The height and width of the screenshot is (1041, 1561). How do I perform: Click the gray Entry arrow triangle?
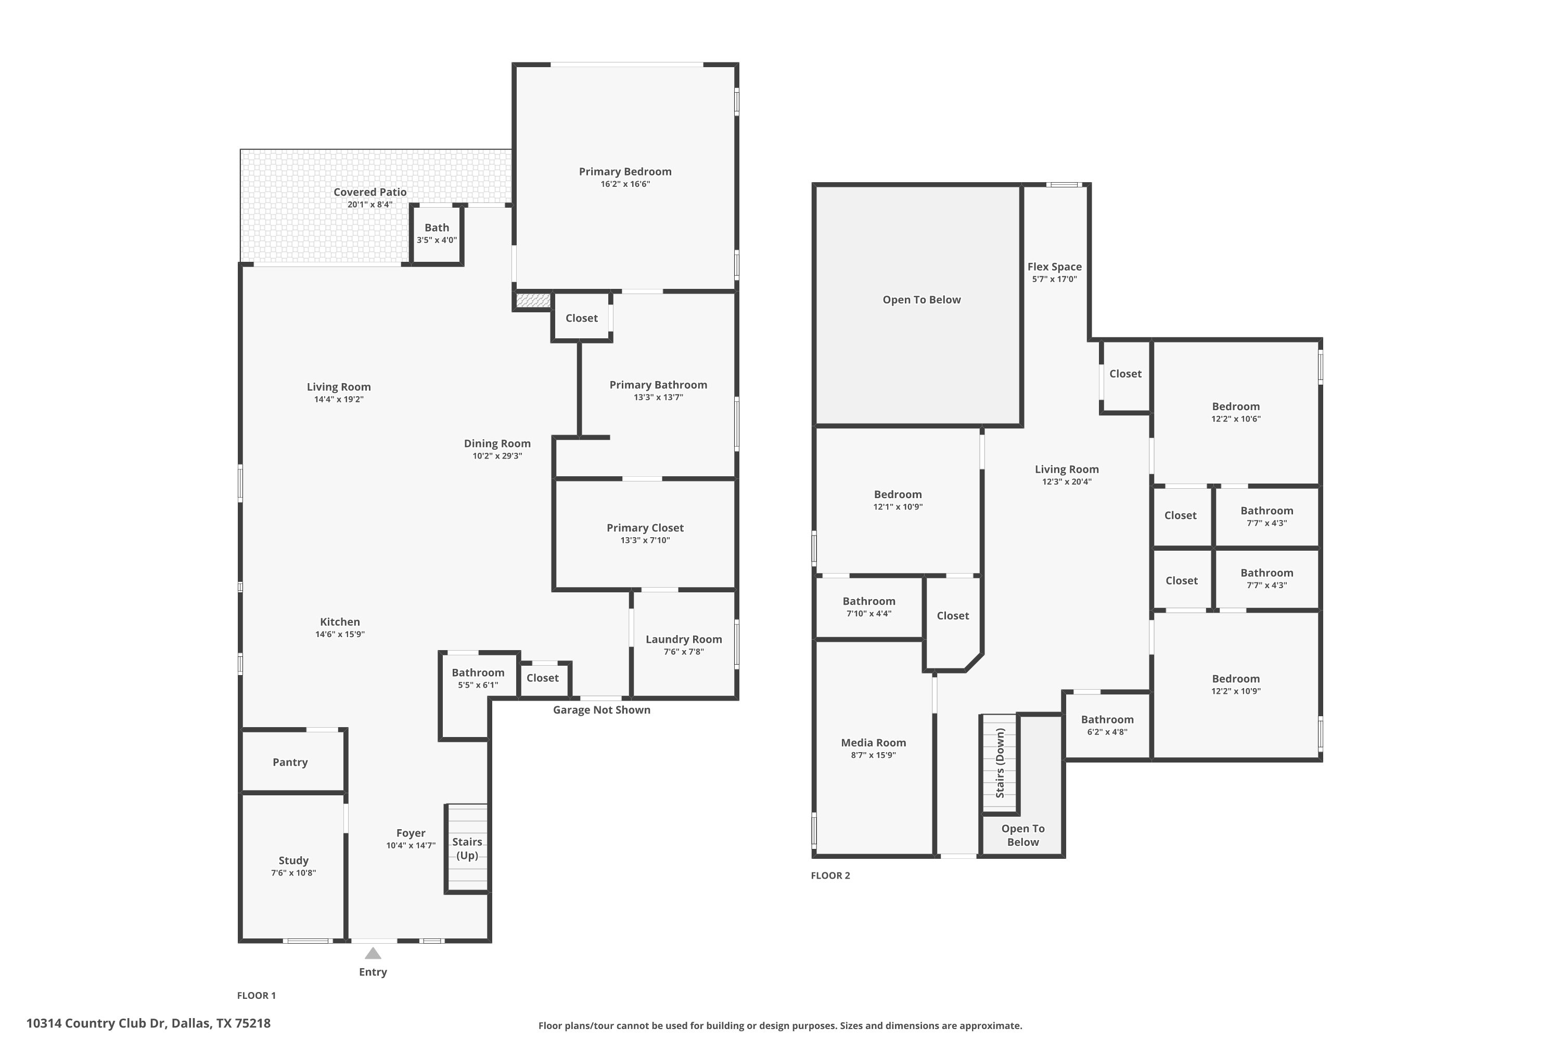pyautogui.click(x=373, y=954)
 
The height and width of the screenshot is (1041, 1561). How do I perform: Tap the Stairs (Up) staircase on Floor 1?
pyautogui.click(x=467, y=848)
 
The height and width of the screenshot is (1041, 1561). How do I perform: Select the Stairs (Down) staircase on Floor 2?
pyautogui.click(x=1000, y=764)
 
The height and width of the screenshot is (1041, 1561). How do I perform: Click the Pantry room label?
pyautogui.click(x=290, y=762)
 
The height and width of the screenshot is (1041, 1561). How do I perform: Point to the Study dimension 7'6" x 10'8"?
pyautogui.click(x=293, y=873)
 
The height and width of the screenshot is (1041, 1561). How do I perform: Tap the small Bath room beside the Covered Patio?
pyautogui.click(x=437, y=234)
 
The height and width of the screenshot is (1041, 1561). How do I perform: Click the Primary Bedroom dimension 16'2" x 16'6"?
pyautogui.click(x=625, y=184)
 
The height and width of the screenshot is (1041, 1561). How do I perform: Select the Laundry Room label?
pyautogui.click(x=684, y=639)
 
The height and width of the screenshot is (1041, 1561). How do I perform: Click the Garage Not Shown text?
pyautogui.click(x=602, y=710)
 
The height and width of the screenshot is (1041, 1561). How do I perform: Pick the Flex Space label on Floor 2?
pyautogui.click(x=1055, y=267)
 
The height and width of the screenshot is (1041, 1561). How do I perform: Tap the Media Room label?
pyautogui.click(x=874, y=743)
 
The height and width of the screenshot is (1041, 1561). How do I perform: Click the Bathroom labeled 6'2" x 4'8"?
pyautogui.click(x=1107, y=726)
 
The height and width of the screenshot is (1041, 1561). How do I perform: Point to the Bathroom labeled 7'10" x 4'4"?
pyautogui.click(x=869, y=607)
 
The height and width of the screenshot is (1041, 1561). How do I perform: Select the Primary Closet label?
pyautogui.click(x=645, y=528)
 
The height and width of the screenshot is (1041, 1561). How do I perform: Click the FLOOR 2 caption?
pyautogui.click(x=830, y=875)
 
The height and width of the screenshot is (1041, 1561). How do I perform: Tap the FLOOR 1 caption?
pyautogui.click(x=256, y=995)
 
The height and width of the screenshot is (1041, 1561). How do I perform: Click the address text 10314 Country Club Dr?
pyautogui.click(x=96, y=1023)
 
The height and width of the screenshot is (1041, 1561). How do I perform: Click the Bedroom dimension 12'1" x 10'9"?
pyautogui.click(x=898, y=506)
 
